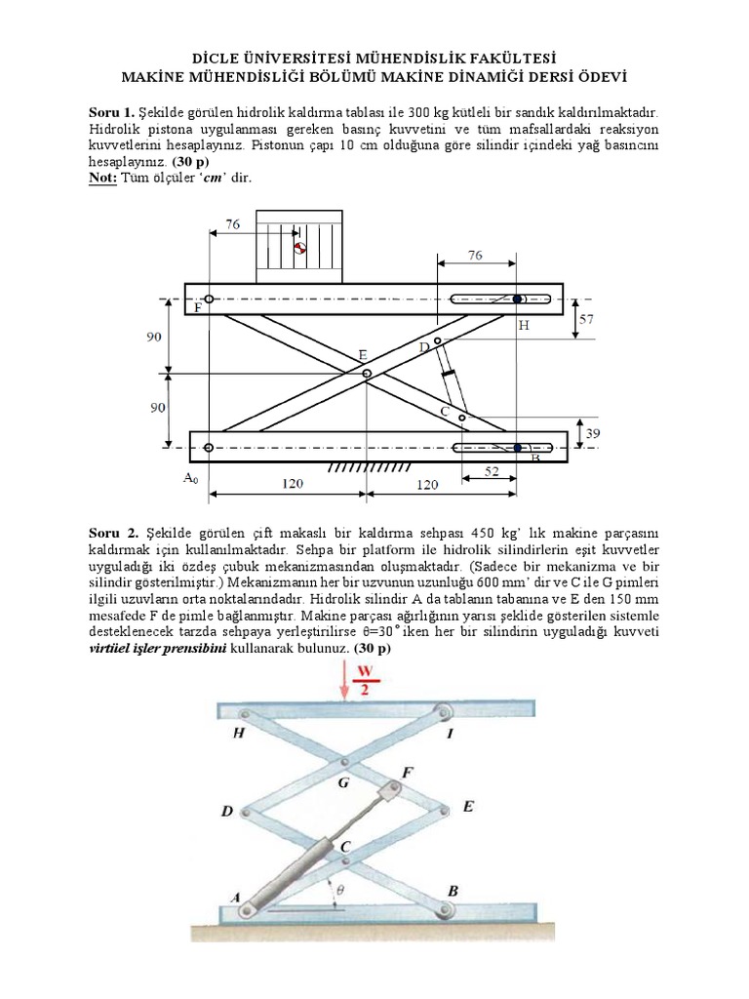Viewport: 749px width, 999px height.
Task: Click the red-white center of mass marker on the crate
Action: point(300,248)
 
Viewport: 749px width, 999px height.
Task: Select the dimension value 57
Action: point(586,318)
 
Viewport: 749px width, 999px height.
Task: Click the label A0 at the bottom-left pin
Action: point(190,478)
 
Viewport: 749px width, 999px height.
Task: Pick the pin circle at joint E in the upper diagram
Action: point(367,374)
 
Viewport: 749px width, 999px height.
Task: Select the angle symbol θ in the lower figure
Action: point(339,890)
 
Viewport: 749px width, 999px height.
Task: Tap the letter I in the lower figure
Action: point(450,734)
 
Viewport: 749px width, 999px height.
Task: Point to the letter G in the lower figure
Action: point(341,781)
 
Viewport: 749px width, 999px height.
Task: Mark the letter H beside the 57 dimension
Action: point(523,326)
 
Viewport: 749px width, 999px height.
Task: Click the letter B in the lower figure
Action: point(452,891)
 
